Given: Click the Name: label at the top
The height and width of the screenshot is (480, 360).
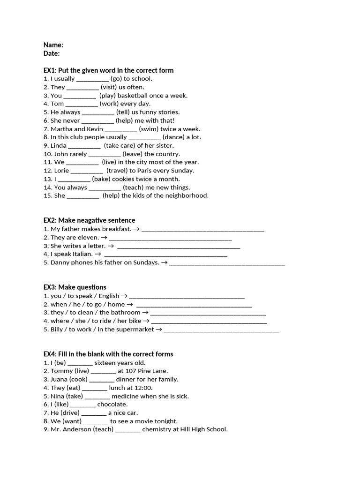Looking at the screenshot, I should (53, 45).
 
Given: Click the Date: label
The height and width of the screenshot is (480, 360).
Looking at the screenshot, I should (52, 53).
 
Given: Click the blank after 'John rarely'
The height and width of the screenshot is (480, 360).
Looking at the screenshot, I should (105, 154).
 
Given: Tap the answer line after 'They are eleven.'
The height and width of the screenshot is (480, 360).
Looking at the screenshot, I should (170, 238).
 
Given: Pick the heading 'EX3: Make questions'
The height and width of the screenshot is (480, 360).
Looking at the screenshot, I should (75, 287).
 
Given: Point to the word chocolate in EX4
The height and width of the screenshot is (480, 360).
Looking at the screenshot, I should (112, 405).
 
